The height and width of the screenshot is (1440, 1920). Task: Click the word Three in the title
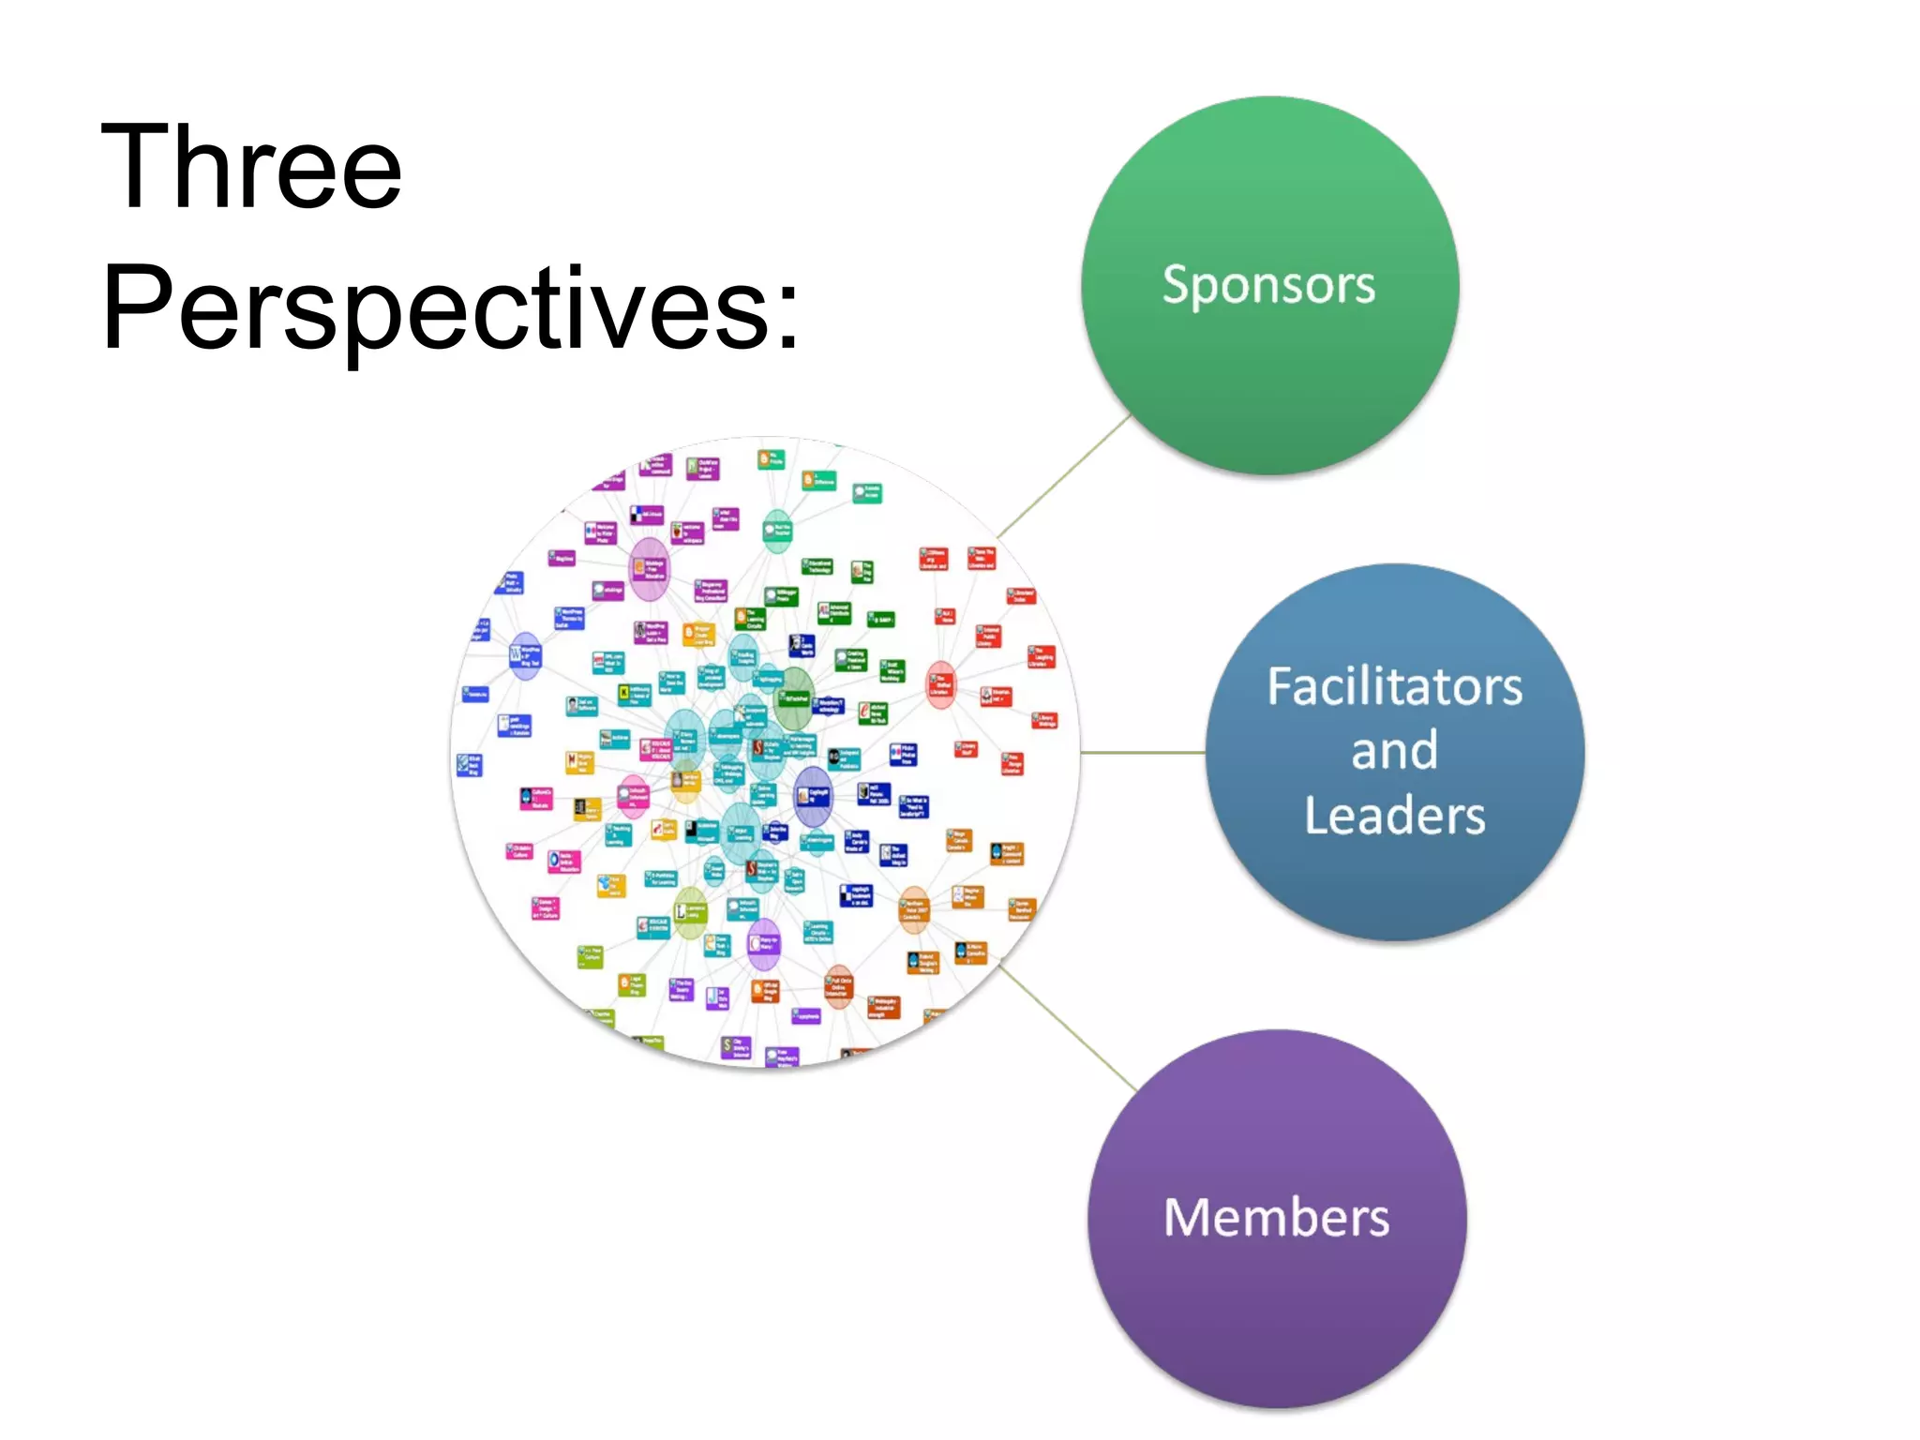point(251,169)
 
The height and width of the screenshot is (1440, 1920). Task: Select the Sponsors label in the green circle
point(1268,285)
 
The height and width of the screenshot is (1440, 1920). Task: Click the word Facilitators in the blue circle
point(1394,686)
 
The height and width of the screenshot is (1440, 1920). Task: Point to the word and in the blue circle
point(1394,751)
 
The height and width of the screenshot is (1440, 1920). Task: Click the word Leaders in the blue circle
point(1394,816)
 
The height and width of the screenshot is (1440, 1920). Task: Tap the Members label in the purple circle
point(1276,1218)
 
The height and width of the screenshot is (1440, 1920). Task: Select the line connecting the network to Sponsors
point(1064,476)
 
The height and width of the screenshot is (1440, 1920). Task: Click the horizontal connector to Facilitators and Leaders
point(1142,752)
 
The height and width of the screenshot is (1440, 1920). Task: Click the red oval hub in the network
point(940,684)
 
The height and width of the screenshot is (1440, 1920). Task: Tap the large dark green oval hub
point(795,698)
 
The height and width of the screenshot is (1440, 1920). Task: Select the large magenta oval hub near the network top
point(650,568)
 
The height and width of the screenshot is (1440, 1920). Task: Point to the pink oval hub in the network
point(635,796)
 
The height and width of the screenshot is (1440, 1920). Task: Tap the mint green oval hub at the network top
point(777,531)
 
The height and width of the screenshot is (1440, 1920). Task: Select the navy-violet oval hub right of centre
point(812,795)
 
